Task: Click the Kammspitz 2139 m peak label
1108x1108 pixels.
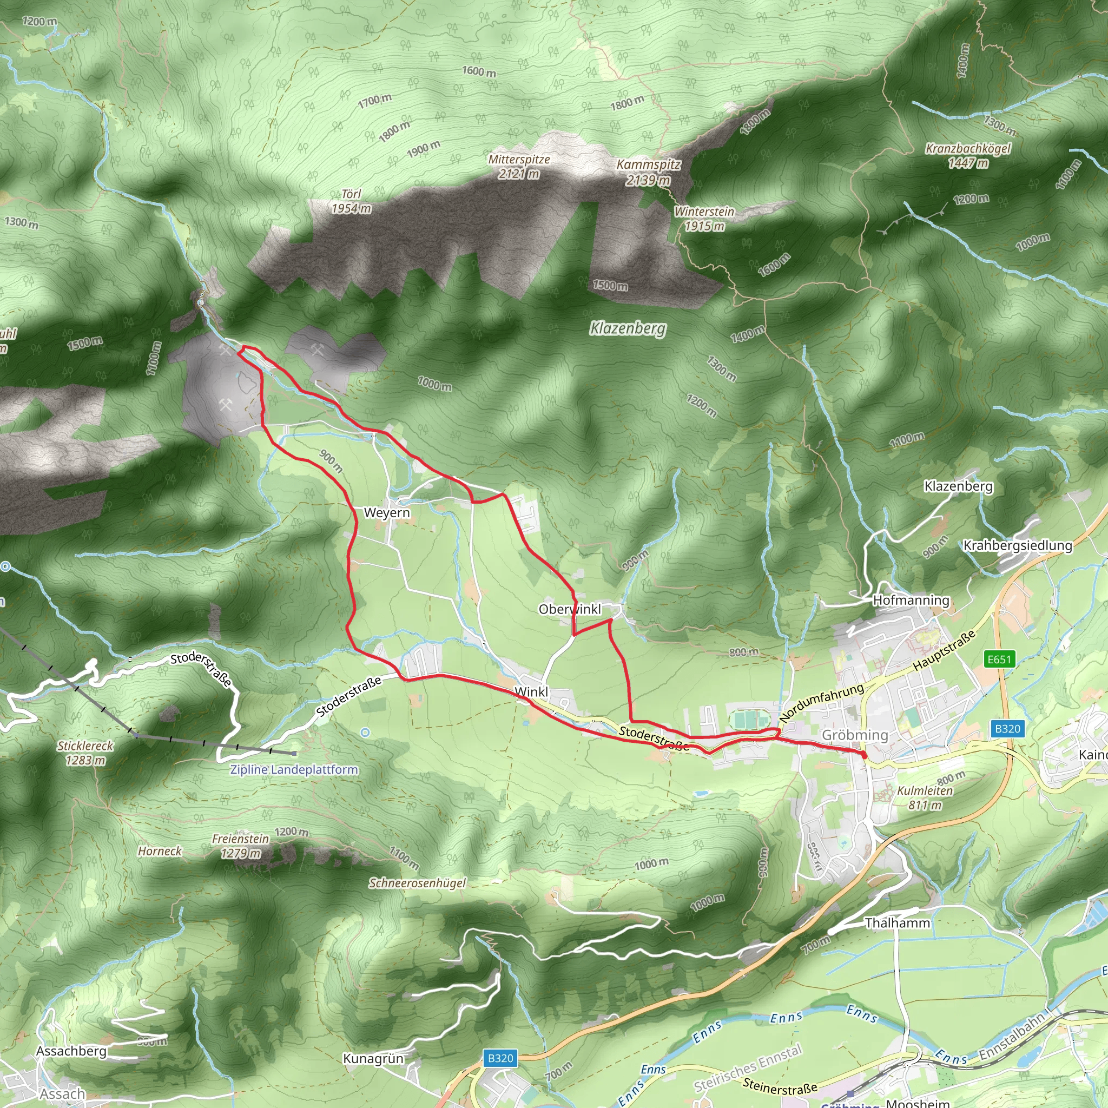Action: pyautogui.click(x=648, y=172)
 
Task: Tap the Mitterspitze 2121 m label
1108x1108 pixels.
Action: pyautogui.click(x=519, y=166)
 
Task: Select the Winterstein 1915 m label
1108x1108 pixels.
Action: pyautogui.click(x=704, y=219)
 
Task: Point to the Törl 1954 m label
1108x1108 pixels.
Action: pyautogui.click(x=351, y=201)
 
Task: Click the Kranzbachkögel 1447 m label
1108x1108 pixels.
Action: pyautogui.click(x=968, y=155)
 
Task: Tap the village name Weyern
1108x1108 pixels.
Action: pyautogui.click(x=387, y=513)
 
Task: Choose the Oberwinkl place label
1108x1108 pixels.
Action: pyautogui.click(x=570, y=609)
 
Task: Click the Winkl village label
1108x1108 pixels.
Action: pyautogui.click(x=531, y=692)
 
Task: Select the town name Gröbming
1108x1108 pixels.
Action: pyautogui.click(x=854, y=735)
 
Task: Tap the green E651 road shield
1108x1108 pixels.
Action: pyautogui.click(x=999, y=659)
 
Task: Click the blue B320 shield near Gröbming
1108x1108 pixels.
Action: pyautogui.click(x=1007, y=729)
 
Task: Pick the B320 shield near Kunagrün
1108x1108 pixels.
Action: pyautogui.click(x=500, y=1058)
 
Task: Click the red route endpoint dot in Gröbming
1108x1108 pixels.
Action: pyautogui.click(x=864, y=755)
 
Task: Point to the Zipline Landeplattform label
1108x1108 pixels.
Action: pyautogui.click(x=294, y=770)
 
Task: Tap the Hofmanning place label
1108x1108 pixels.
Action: pyautogui.click(x=911, y=601)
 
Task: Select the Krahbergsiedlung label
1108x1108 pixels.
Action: pyautogui.click(x=1018, y=545)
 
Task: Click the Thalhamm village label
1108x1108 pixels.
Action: pyautogui.click(x=898, y=923)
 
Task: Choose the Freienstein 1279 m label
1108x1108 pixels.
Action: pyautogui.click(x=240, y=846)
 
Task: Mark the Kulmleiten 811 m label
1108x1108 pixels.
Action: pyautogui.click(x=925, y=798)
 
